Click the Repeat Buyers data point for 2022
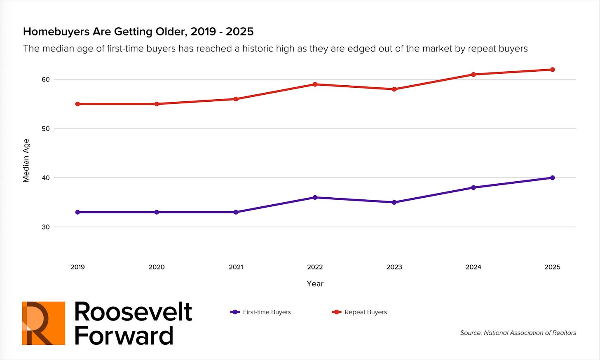pyautogui.click(x=315, y=84)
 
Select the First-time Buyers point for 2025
pyautogui.click(x=552, y=178)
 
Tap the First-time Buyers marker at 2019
pyautogui.click(x=77, y=212)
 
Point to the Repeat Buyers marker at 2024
pyautogui.click(x=473, y=75)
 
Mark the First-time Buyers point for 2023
pyautogui.click(x=394, y=202)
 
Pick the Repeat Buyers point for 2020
pyautogui.click(x=157, y=104)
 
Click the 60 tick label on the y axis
pyautogui.click(x=45, y=79)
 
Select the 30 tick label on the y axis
pyautogui.click(x=45, y=227)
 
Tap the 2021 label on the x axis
pyautogui.click(x=236, y=267)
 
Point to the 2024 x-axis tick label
pyautogui.click(x=473, y=267)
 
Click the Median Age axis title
pyautogui.click(x=26, y=160)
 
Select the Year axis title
pyautogui.click(x=315, y=284)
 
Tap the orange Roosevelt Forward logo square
pyautogui.click(x=44, y=323)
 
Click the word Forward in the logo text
pyautogui.click(x=124, y=336)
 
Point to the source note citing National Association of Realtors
pyautogui.click(x=518, y=333)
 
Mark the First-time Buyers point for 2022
pyautogui.click(x=315, y=197)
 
